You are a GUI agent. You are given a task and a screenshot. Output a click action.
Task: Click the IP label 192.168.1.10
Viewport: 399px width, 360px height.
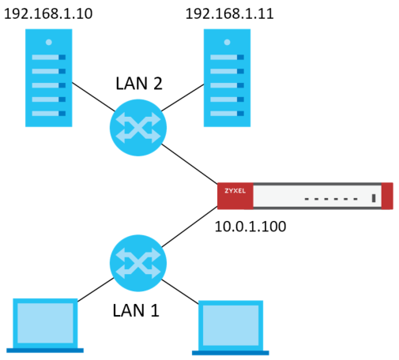pyautogui.click(x=48, y=13)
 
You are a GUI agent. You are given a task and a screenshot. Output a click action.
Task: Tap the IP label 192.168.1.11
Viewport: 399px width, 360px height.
pyautogui.click(x=230, y=13)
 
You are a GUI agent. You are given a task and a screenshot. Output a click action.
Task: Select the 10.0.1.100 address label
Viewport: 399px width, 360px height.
pyautogui.click(x=250, y=227)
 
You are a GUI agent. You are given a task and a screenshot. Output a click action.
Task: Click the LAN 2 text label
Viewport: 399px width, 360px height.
pyautogui.click(x=139, y=84)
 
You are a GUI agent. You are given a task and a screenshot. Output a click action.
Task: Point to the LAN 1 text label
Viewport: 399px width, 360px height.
pyautogui.click(x=136, y=310)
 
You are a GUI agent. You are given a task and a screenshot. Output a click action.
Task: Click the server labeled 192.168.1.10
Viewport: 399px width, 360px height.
pyautogui.click(x=49, y=78)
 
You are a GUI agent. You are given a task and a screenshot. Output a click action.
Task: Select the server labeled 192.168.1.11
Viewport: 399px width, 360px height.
pyautogui.click(x=227, y=78)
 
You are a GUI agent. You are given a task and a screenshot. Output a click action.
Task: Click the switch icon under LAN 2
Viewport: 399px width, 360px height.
pyautogui.click(x=138, y=128)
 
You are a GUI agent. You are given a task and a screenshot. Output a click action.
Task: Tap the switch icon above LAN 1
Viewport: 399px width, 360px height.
pyautogui.click(x=138, y=263)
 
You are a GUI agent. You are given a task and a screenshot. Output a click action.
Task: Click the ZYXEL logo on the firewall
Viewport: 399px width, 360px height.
pyautogui.click(x=235, y=190)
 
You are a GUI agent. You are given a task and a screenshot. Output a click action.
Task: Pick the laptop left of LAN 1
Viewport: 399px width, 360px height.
pyautogui.click(x=45, y=325)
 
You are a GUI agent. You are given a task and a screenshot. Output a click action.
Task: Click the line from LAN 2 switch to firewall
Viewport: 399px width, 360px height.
pyautogui.click(x=190, y=163)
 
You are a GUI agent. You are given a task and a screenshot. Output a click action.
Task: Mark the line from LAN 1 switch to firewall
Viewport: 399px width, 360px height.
pyautogui.click(x=190, y=227)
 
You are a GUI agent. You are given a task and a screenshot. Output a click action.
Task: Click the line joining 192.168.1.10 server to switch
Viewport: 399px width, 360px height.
pyautogui.click(x=93, y=97)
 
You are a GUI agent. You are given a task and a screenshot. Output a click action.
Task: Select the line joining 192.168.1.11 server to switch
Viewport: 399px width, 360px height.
pyautogui.click(x=183, y=98)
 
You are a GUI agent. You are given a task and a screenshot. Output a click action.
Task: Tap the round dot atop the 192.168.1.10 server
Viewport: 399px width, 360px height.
pyautogui.click(x=49, y=42)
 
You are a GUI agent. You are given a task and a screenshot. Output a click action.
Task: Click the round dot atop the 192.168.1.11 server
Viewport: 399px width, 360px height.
pyautogui.click(x=227, y=42)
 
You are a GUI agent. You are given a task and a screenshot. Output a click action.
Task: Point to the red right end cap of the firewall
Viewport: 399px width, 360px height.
pyautogui.click(x=387, y=196)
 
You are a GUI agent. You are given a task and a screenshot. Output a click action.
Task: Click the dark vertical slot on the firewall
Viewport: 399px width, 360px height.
pyautogui.click(x=374, y=198)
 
